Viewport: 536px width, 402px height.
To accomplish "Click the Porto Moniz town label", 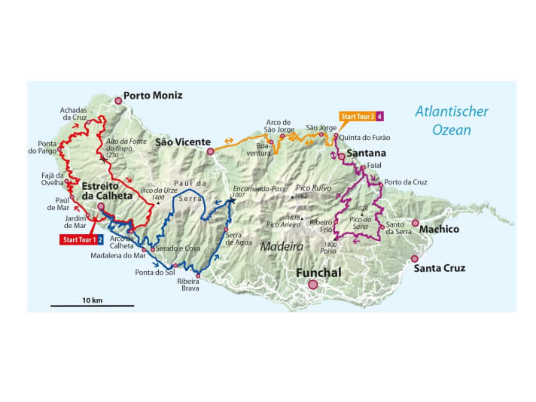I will (x=153, y=96).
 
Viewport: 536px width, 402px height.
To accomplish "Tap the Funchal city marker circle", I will (x=312, y=285).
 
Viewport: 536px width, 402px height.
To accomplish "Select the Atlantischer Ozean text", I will (x=452, y=120).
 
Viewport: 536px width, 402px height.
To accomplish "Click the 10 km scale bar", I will (x=92, y=305).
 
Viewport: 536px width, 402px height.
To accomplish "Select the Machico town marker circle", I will (x=415, y=223).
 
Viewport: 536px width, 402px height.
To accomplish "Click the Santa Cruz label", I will (x=442, y=268).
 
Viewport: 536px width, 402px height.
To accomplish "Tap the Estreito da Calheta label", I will (x=107, y=190).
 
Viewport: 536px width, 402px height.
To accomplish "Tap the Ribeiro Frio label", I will (x=321, y=225).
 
